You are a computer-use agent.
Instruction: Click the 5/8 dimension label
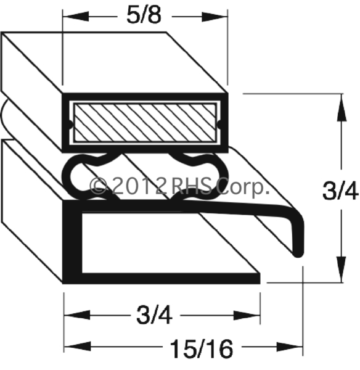point(144,15)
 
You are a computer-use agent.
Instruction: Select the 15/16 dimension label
point(201,349)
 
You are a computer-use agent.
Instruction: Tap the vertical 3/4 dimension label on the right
point(340,191)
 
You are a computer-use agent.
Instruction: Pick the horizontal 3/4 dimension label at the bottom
point(154,315)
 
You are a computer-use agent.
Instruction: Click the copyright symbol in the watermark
point(99,186)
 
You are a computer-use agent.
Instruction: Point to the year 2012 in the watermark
point(138,186)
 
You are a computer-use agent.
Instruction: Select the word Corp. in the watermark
point(242,187)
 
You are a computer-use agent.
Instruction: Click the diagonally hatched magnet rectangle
point(145,123)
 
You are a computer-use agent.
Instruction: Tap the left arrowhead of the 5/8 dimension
point(76,16)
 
